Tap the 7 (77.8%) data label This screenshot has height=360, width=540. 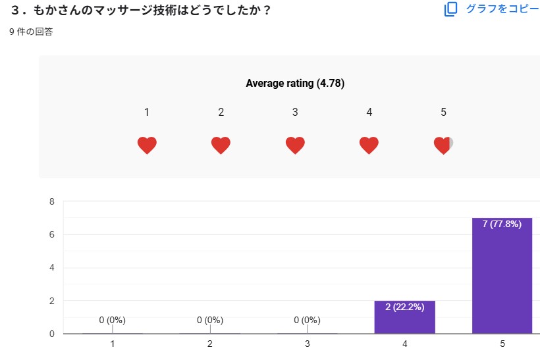coord(502,224)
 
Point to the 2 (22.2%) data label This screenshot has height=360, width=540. coord(404,307)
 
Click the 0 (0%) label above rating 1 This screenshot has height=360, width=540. coord(112,321)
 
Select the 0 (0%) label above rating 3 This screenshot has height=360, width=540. coord(307,321)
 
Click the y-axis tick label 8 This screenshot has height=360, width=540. coord(51,201)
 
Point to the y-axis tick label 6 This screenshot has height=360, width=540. coord(51,234)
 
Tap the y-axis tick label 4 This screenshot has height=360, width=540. coord(51,268)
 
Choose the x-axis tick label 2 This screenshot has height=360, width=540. coord(209,344)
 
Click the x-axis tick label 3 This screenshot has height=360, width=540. coord(307,344)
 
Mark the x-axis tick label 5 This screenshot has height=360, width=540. coord(502,344)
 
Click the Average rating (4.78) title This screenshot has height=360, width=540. coord(295,84)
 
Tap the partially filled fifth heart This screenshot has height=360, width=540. coord(443,145)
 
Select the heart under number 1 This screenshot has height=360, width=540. coord(147,145)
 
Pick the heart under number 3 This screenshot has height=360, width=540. coord(295,145)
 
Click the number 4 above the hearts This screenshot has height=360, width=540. coord(369,113)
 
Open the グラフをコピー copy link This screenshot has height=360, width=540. coord(502,9)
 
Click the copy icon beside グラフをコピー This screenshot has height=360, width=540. coord(450,9)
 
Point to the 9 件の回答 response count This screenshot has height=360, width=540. coord(31,32)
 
